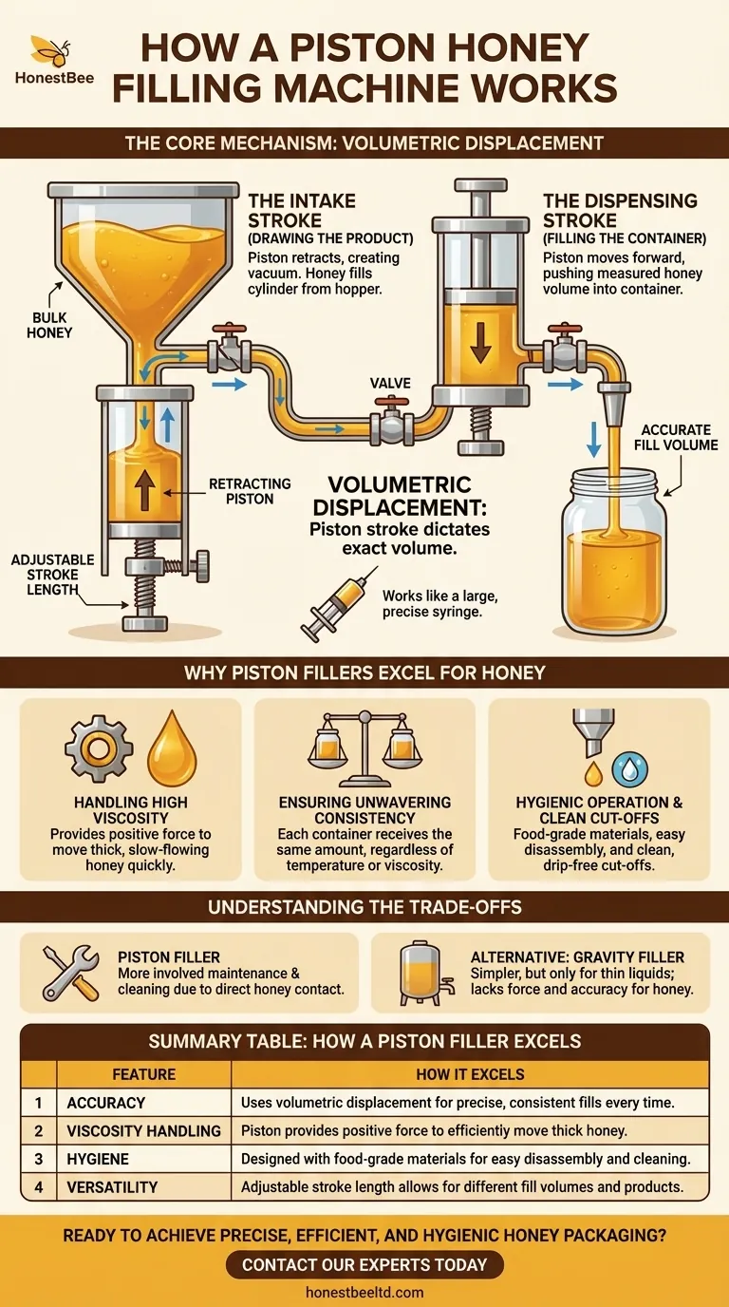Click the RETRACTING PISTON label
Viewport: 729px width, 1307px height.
[250, 492]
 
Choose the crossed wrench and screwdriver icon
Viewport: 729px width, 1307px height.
[71, 972]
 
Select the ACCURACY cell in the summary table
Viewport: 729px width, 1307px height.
[106, 1103]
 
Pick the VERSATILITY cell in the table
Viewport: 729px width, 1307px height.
[112, 1186]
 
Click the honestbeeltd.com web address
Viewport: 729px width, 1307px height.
[364, 1292]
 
